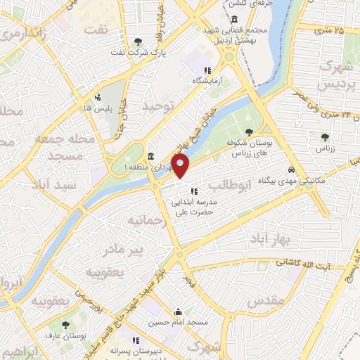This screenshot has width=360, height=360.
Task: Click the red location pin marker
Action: pyautogui.click(x=181, y=166)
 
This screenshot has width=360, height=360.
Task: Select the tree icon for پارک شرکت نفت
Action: pyautogui.click(x=137, y=40)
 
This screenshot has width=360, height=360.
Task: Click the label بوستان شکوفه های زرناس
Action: pyautogui.click(x=251, y=146)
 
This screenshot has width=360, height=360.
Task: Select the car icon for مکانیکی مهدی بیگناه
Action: pyautogui.click(x=291, y=170)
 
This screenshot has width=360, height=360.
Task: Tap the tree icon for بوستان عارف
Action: pyautogui.click(x=65, y=326)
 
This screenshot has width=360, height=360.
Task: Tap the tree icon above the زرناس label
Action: pyautogui.click(x=324, y=138)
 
